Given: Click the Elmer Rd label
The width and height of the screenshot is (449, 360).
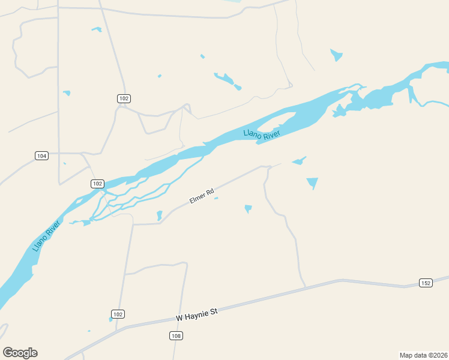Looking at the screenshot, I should click(x=202, y=196).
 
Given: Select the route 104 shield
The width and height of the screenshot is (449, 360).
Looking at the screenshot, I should click(x=41, y=156).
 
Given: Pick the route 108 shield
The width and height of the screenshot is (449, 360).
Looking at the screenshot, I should click(x=176, y=336).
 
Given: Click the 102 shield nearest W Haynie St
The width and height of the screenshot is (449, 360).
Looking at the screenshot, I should click(x=118, y=314).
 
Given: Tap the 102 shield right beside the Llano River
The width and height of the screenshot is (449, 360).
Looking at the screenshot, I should click(x=97, y=184).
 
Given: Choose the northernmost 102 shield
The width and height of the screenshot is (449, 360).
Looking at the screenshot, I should click(x=124, y=98).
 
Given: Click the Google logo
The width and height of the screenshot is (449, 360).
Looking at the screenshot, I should click(x=20, y=353).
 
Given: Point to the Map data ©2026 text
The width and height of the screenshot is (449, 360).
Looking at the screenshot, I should click(x=424, y=355).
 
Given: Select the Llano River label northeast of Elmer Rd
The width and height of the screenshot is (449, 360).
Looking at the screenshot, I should click(x=262, y=134).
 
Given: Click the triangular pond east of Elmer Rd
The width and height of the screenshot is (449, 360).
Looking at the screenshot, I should click(x=312, y=182).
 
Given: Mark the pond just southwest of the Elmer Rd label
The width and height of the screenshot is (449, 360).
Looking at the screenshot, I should click(x=160, y=215).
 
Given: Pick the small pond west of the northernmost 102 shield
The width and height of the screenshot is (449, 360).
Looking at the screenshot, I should click(x=67, y=93).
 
